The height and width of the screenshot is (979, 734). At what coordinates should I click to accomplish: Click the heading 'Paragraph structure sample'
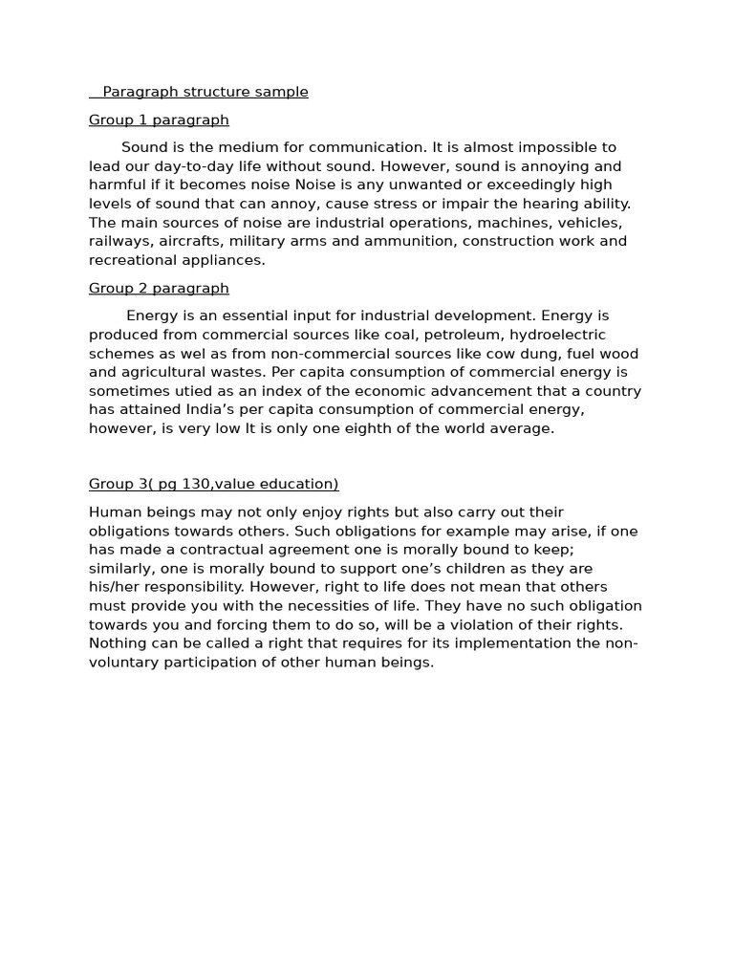[x=205, y=93]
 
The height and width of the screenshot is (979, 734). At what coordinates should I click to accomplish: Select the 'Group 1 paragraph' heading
[x=159, y=120]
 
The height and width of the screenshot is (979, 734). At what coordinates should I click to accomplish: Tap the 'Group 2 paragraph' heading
[x=159, y=289]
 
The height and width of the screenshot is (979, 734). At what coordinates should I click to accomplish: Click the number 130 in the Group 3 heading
[x=197, y=485]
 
